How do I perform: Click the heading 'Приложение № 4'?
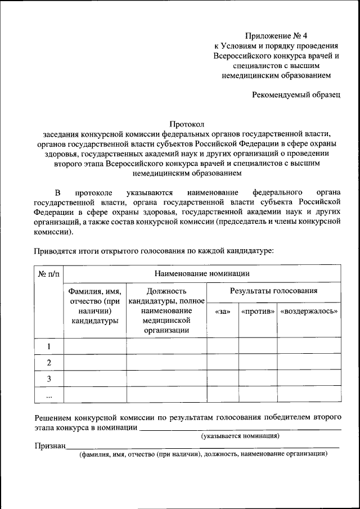tap(277, 35)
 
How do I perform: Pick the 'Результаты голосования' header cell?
tap(273, 291)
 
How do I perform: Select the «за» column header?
tap(222, 311)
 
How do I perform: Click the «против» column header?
tap(258, 311)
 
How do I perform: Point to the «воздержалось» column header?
tap(309, 311)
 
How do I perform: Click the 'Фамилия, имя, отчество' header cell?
tap(94, 306)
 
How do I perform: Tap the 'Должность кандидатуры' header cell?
tap(166, 310)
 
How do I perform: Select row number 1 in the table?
tap(49, 346)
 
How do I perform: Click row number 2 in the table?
tap(49, 362)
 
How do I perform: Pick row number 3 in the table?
tap(49, 379)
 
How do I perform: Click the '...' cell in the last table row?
tap(49, 395)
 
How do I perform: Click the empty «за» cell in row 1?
tap(222, 346)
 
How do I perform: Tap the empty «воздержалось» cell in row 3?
tap(309, 379)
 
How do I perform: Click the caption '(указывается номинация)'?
tap(240, 436)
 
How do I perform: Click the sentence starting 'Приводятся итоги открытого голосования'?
tap(154, 250)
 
